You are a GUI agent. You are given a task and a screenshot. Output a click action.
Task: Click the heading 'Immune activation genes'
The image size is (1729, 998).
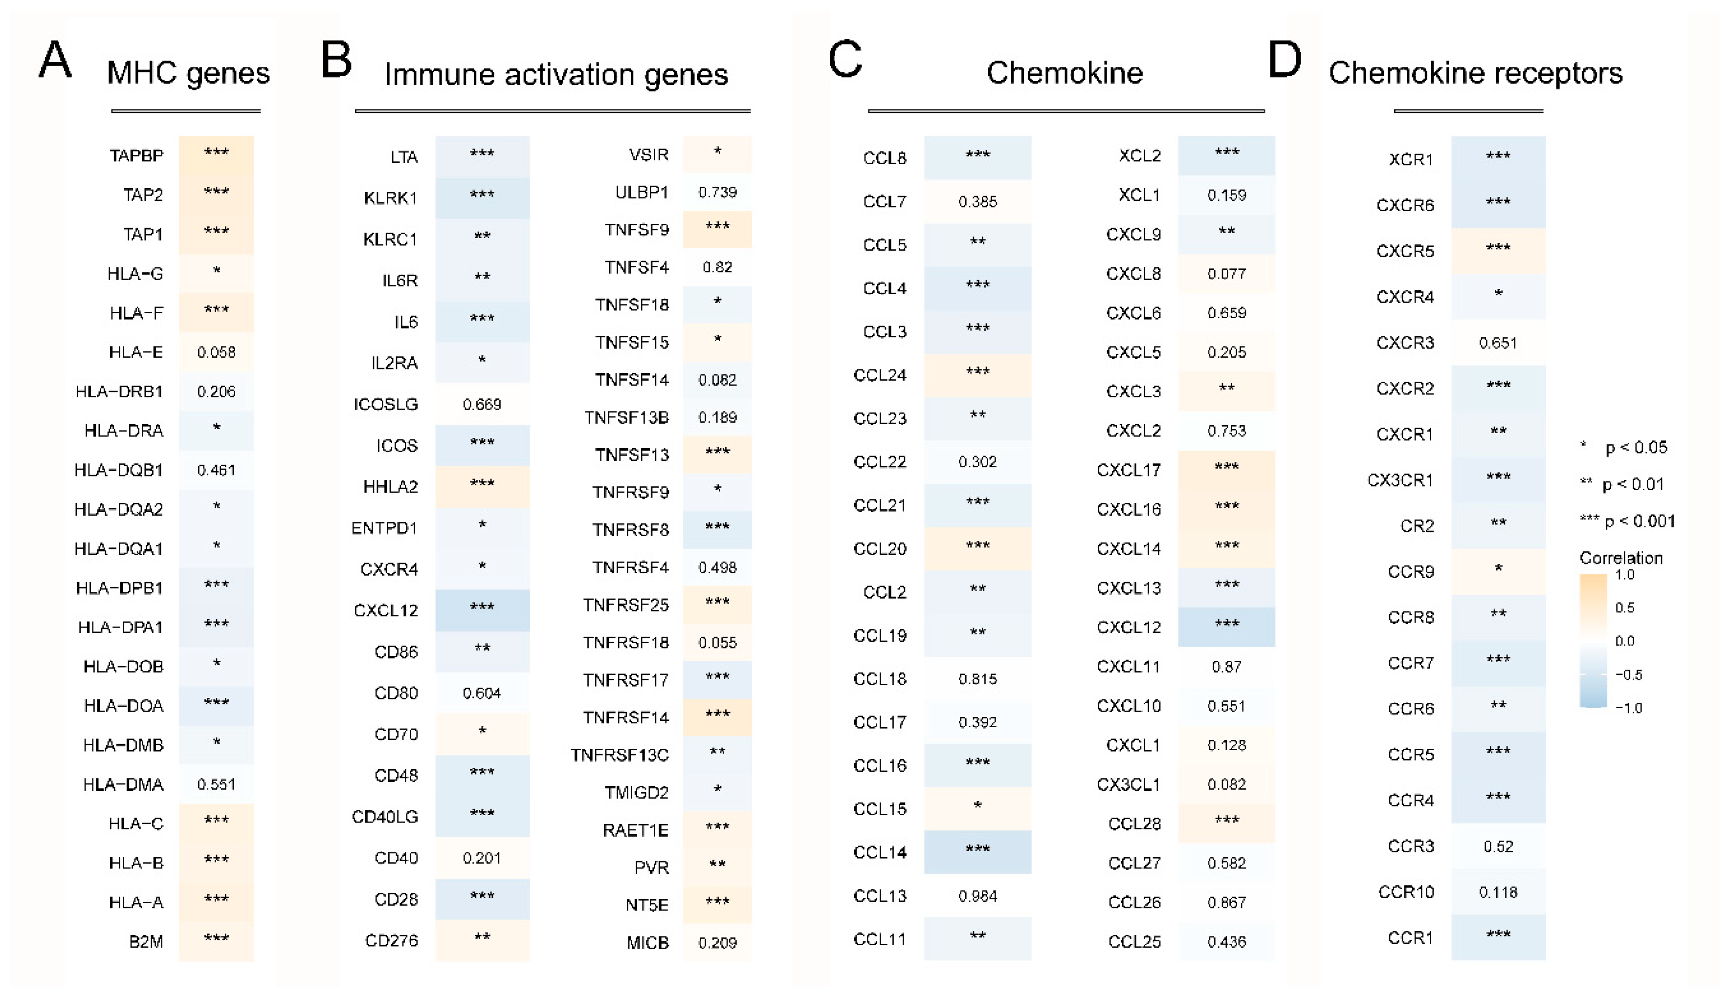tap(555, 74)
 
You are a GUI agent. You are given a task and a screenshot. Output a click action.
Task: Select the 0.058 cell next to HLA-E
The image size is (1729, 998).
tap(216, 352)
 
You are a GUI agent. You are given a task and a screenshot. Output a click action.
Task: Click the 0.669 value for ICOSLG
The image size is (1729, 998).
tap(482, 404)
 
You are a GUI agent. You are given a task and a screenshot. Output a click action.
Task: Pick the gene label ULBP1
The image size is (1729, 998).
tap(642, 193)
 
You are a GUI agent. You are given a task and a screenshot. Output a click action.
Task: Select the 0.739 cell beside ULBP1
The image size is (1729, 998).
tap(717, 193)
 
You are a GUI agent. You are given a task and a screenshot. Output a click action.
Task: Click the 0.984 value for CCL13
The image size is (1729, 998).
tap(977, 896)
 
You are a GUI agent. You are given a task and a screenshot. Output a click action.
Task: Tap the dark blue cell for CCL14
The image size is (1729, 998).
tap(977, 851)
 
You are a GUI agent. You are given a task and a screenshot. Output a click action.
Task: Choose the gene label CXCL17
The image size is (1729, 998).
tap(1129, 470)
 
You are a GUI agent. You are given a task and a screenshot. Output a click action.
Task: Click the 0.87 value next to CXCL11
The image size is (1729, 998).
tap(1226, 666)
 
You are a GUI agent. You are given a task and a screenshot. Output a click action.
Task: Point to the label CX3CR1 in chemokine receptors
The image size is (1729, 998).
tap(1400, 480)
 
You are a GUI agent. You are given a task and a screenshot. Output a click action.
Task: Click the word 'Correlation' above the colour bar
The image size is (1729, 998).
tap(1620, 558)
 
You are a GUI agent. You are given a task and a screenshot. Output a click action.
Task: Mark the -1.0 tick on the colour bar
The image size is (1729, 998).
tap(1628, 708)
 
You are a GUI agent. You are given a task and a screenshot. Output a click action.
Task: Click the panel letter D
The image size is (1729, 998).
tap(1284, 59)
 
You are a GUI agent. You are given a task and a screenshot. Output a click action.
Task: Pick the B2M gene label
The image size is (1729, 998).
tap(146, 942)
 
